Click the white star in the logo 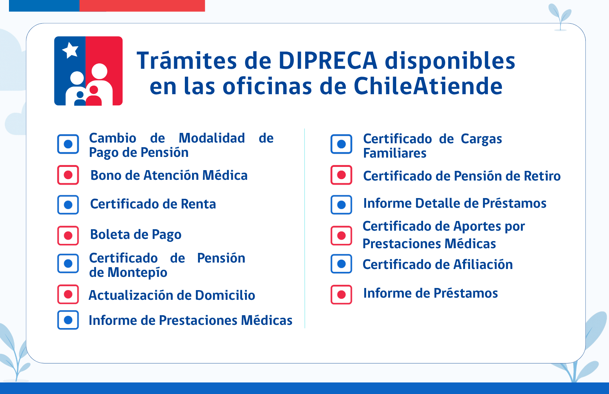tap(71, 50)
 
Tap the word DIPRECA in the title tap(328, 61)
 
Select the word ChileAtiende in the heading tap(428, 86)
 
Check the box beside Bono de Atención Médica tap(68, 175)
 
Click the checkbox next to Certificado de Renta tap(68, 205)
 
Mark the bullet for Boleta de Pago tap(68, 235)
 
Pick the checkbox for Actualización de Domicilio tap(68, 294)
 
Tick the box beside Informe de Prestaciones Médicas tap(68, 320)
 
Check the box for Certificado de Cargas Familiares tap(341, 144)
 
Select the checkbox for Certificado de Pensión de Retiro tap(341, 175)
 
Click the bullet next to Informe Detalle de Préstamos tap(341, 205)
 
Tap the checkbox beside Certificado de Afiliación tap(341, 264)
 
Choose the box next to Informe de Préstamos tap(341, 294)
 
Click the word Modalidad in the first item tap(212, 138)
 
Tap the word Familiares tap(395, 153)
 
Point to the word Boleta tap(110, 234)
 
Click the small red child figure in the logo tap(94, 96)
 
